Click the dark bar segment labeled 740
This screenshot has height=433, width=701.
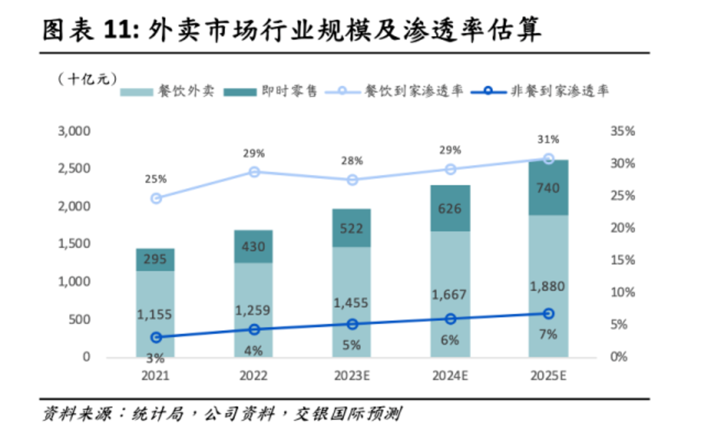point(548,188)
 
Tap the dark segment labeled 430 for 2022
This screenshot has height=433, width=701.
point(253,246)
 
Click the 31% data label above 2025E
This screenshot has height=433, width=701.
point(548,140)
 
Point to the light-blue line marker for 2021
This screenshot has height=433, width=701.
point(156,198)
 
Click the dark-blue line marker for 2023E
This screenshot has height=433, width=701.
point(352,324)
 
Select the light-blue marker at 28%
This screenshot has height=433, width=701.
point(352,180)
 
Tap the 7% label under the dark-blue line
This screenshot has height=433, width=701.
point(548,335)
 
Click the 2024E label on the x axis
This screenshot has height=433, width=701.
point(450,376)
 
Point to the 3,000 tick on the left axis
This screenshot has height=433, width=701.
point(74,131)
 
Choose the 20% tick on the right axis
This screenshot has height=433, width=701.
point(623,228)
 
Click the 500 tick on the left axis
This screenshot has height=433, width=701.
point(79,320)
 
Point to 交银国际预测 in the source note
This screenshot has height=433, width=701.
point(348,414)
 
